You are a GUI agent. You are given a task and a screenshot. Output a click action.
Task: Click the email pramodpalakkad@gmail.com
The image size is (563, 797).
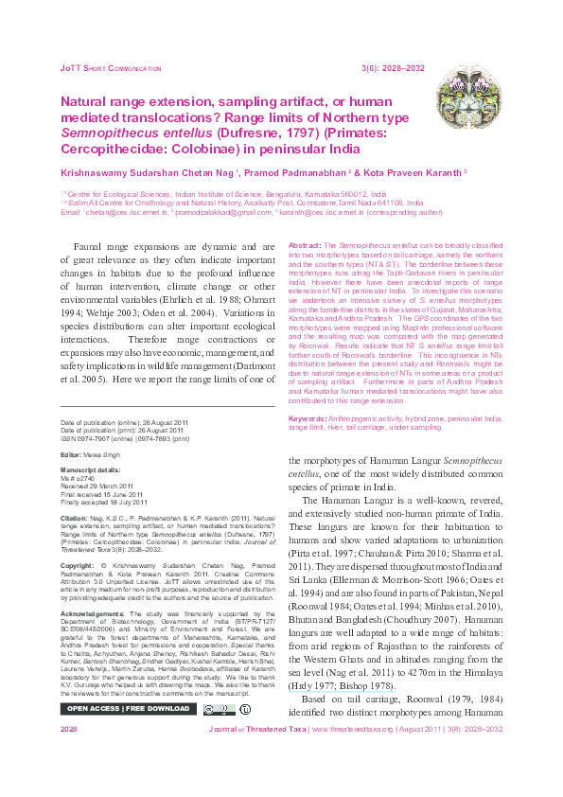coord(224,212)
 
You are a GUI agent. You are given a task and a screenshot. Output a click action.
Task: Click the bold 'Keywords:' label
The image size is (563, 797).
coord(306,417)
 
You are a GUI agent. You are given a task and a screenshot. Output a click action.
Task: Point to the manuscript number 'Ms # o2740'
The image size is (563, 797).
coord(81,478)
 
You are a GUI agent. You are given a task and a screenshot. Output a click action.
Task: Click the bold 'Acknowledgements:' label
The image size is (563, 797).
coord(92,613)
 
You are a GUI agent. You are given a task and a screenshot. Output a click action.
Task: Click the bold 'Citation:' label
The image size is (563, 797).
coord(75,519)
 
